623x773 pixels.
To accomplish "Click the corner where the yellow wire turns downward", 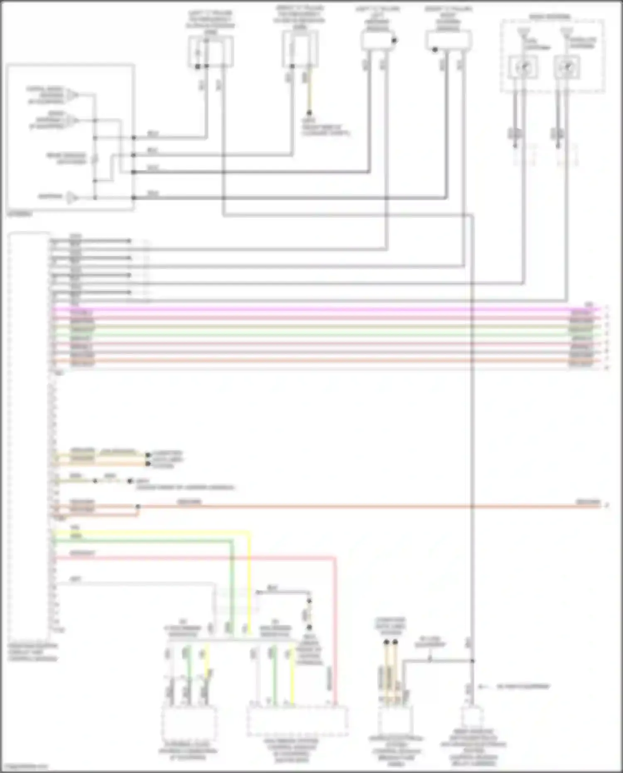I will tap(249, 532).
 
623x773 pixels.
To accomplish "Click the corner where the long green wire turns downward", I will tap(232, 541).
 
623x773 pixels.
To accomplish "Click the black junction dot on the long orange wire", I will tap(138, 507).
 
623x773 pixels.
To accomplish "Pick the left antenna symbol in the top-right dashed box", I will tap(523, 32).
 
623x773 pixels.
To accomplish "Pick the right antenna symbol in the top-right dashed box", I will tap(566, 32).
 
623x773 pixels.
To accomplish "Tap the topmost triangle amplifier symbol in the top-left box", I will tap(73, 95).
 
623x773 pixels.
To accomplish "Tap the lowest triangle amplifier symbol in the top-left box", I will tap(72, 197).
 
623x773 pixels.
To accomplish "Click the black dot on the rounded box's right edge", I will tap(394, 41).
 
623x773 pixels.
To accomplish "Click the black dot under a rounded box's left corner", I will tap(435, 50).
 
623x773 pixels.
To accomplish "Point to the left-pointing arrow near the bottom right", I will tap(481, 687).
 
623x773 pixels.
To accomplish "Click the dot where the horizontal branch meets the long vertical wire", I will tap(472, 660).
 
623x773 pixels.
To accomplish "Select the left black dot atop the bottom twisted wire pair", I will tap(386, 642).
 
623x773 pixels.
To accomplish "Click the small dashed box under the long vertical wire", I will tap(472, 717).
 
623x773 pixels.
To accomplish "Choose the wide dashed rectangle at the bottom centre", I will tap(297, 721).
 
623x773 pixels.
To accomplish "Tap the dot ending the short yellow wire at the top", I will tap(309, 113).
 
